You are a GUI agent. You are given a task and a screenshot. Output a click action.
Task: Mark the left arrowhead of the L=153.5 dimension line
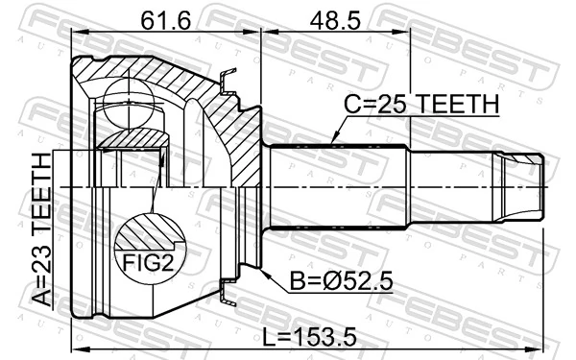(76, 348)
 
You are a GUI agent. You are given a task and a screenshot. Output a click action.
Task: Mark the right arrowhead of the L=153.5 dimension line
(543, 348)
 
